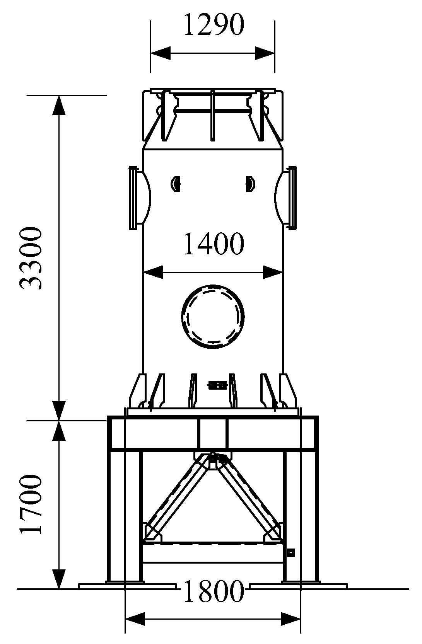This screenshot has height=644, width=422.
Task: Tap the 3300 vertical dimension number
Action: [x=31, y=258]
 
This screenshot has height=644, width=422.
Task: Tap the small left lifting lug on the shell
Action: [x=176, y=183]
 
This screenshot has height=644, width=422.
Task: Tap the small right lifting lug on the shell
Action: [x=249, y=183]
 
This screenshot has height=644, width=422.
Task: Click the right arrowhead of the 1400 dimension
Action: [x=273, y=273]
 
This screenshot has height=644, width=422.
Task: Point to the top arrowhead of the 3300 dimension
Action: [x=59, y=104]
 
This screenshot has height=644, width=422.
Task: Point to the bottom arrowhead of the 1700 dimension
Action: [x=59, y=578]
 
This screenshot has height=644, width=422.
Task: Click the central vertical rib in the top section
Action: [x=212, y=116]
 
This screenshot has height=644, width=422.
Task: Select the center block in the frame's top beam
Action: [x=213, y=433]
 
